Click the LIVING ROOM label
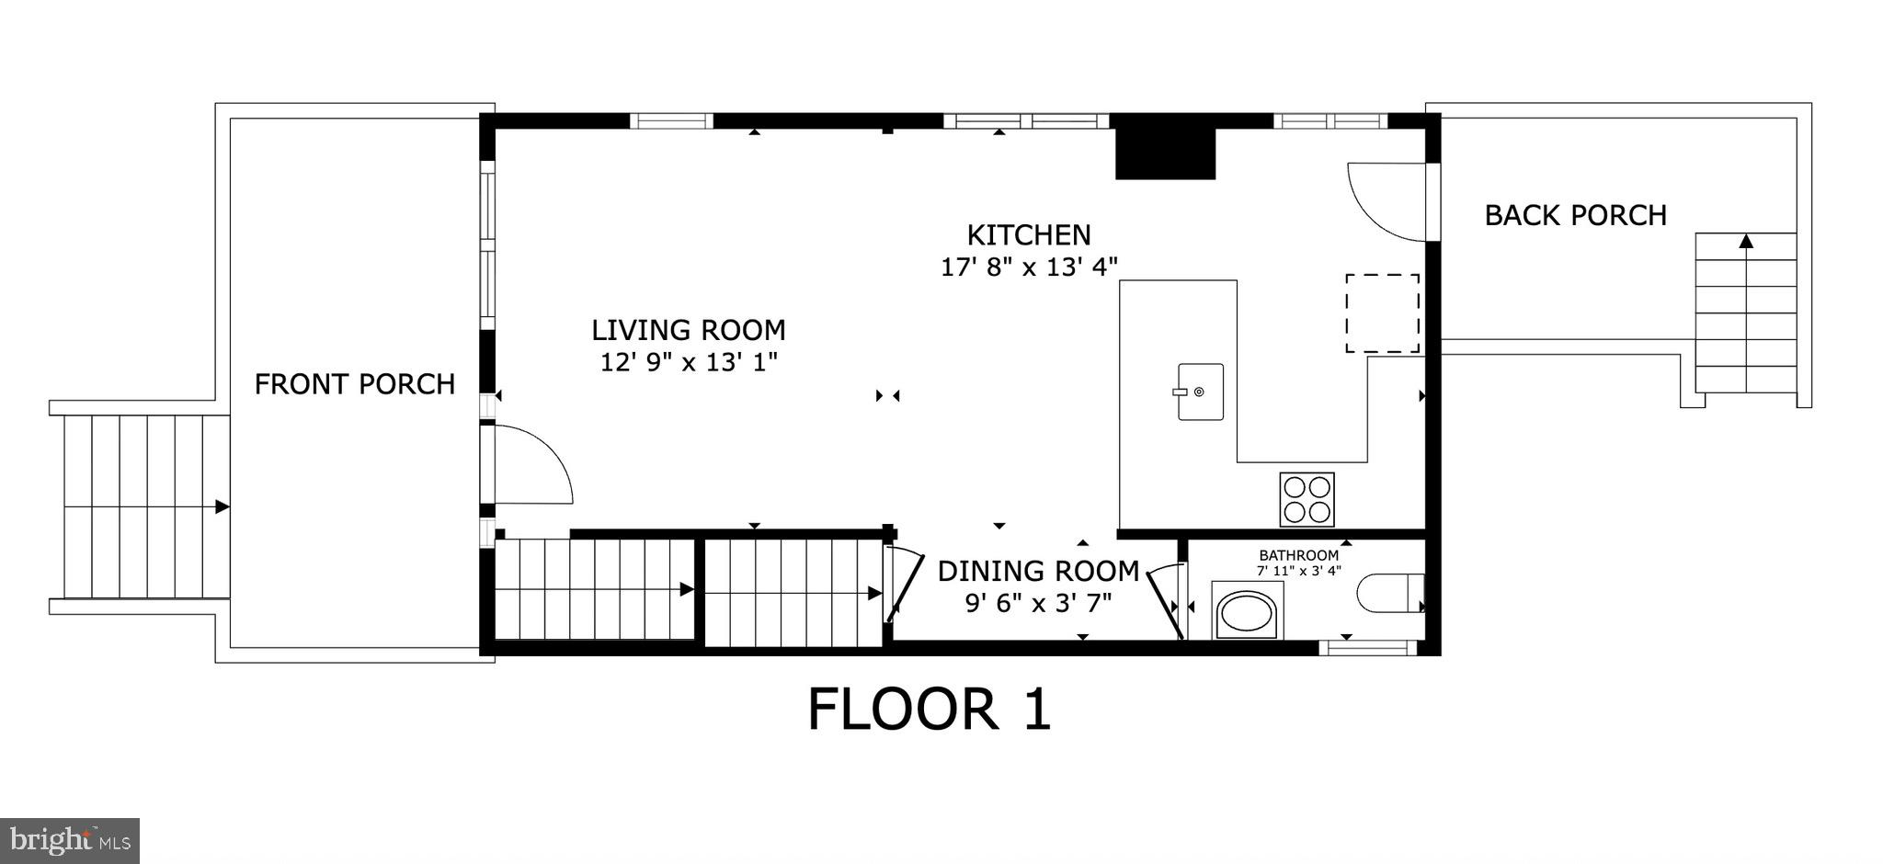pos(688,330)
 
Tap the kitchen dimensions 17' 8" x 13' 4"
pos(1029,267)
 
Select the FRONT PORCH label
pos(354,384)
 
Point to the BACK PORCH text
pos(1575,215)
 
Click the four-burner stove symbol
pos(1307,499)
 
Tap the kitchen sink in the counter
pos(1200,392)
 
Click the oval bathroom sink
pos(1247,611)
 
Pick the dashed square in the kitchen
pos(1382,313)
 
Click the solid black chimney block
pos(1165,153)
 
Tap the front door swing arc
pos(542,464)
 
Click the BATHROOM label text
pos(1298,555)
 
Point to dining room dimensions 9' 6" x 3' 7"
pos(1038,604)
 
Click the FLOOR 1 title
pos(929,710)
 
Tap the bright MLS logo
pos(69,840)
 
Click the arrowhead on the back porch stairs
pos(1745,242)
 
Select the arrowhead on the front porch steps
pos(222,506)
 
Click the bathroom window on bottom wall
pos(1368,648)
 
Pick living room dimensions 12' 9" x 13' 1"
pos(688,362)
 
